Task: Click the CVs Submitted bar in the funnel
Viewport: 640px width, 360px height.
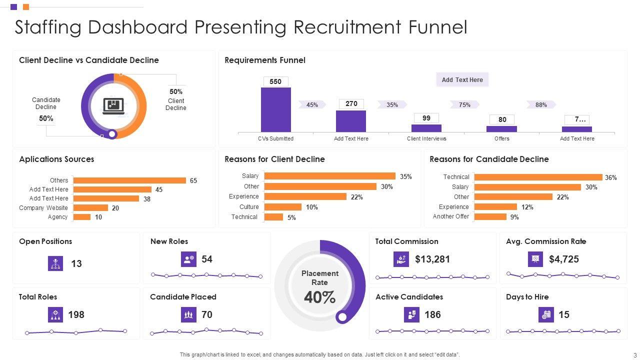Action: click(x=275, y=109)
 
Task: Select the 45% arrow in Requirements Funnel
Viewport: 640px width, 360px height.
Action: click(x=312, y=104)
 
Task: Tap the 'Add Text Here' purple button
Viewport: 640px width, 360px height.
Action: click(x=462, y=79)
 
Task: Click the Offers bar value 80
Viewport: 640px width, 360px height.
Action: click(x=502, y=119)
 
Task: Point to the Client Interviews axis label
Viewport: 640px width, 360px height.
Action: click(x=426, y=138)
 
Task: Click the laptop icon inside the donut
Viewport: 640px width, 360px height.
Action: click(x=113, y=106)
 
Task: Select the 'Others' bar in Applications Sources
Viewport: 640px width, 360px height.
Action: click(x=129, y=180)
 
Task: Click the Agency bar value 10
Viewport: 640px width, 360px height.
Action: click(x=98, y=217)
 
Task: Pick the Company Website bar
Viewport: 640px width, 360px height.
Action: click(x=90, y=208)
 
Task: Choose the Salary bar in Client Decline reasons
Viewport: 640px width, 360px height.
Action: click(x=329, y=176)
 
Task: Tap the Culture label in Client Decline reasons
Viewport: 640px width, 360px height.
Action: click(x=249, y=207)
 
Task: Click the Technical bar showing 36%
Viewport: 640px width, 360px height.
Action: click(x=538, y=177)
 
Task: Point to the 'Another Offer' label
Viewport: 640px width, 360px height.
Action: click(x=451, y=216)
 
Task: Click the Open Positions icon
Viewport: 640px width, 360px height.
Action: click(x=55, y=263)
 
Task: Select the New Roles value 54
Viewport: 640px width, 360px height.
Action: click(x=207, y=259)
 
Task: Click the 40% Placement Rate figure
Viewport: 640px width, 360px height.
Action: click(x=320, y=297)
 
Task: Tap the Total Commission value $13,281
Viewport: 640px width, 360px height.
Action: click(x=432, y=259)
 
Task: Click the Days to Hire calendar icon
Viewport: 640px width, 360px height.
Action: click(x=546, y=314)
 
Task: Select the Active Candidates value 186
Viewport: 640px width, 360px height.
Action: click(x=432, y=314)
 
